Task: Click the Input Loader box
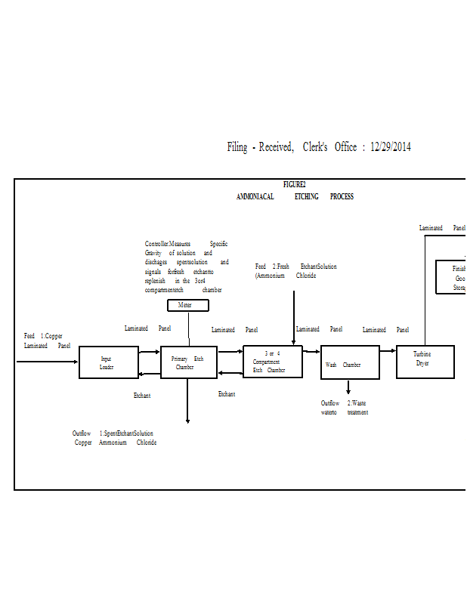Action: coord(109,362)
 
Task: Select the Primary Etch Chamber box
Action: coord(188,362)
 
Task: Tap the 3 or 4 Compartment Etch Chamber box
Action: coord(272,362)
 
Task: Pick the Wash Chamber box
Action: coord(350,363)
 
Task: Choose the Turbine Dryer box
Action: coord(425,362)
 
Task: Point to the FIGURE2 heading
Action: coord(294,184)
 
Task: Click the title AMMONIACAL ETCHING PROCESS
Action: coord(295,197)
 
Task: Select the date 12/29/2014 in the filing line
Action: coord(391,147)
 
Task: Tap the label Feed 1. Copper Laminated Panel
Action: coord(47,341)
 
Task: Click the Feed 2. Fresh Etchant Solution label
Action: coord(295,271)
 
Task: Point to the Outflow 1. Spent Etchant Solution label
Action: coord(114,438)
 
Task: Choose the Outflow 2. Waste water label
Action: coord(344,408)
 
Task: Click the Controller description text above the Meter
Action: coord(186,267)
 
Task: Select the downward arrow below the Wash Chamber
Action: coord(348,387)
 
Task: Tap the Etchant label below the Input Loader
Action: coord(142,395)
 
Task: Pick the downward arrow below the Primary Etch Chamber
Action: coord(187,400)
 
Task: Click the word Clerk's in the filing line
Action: coord(315,147)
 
